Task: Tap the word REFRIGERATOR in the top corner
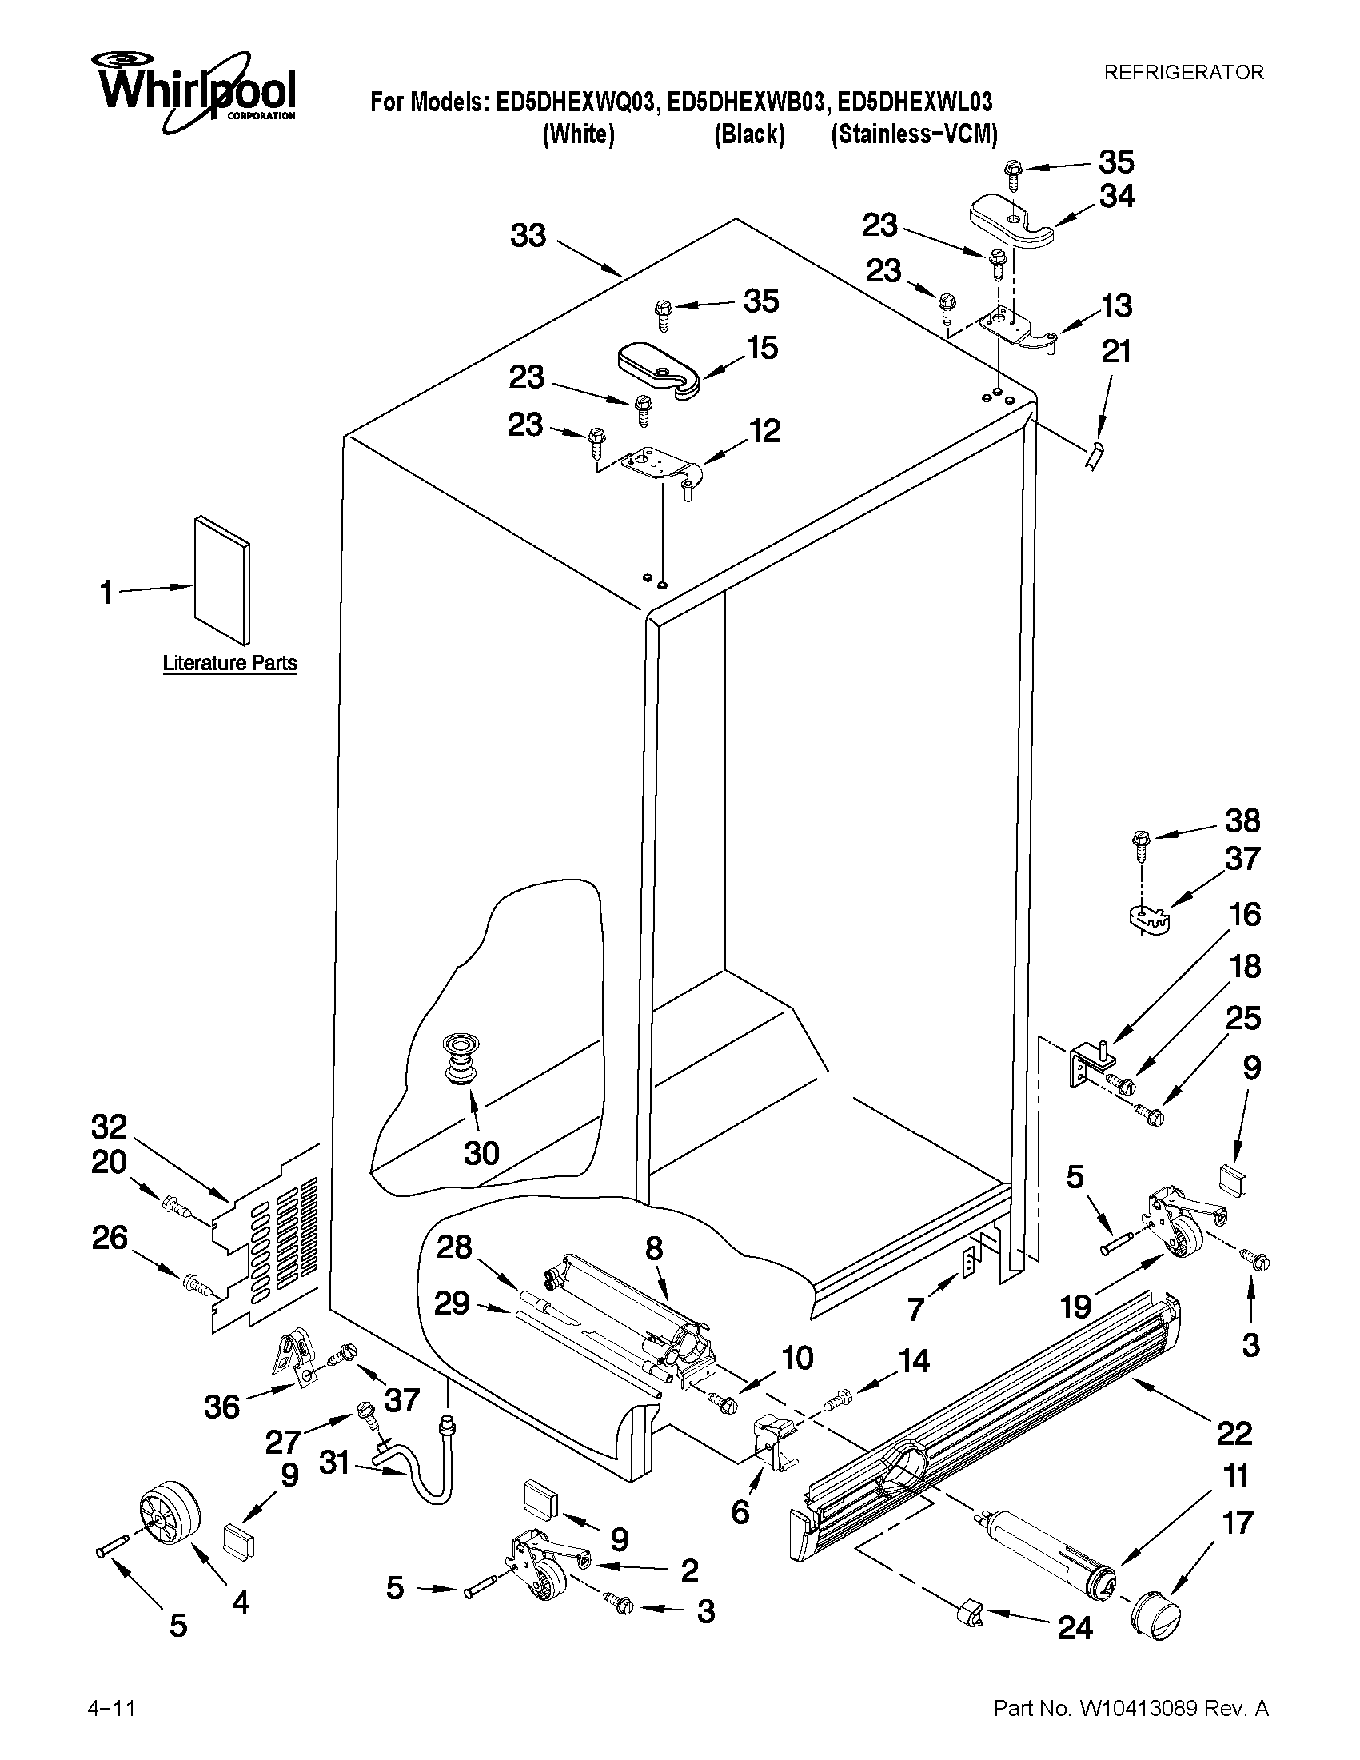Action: pyautogui.click(x=1183, y=73)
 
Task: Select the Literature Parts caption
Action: pyautogui.click(x=229, y=663)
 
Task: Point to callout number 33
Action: pyautogui.click(x=528, y=236)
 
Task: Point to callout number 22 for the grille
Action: pyautogui.click(x=1234, y=1433)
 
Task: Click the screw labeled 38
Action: pyautogui.click(x=1140, y=843)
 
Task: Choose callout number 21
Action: pyautogui.click(x=1116, y=352)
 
